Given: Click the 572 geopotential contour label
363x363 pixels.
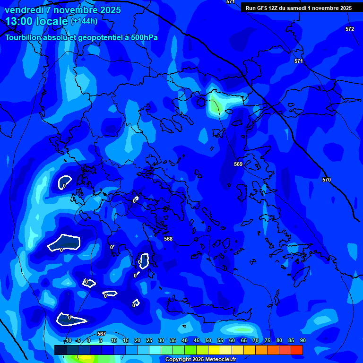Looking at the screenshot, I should point(349,29).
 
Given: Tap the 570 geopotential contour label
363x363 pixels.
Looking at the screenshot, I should point(327,180).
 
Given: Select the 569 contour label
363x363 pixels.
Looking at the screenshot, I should point(238,164).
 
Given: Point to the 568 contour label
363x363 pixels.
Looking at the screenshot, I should point(168,239).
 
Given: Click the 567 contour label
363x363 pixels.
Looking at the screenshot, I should point(101,334).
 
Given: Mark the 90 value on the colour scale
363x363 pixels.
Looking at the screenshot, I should point(302,340).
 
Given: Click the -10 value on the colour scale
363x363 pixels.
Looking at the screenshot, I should point(67,340).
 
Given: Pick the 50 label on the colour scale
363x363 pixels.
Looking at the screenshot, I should point(208,340).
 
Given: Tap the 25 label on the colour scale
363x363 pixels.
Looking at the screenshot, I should point(149,340).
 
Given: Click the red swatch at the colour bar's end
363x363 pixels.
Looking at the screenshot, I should point(297,350).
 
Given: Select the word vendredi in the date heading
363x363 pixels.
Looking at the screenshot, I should point(22,10).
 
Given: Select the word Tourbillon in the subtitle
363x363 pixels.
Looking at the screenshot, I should point(23,37).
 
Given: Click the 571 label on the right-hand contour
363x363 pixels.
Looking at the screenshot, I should point(298,61).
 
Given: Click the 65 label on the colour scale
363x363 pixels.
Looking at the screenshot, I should point(243,340).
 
